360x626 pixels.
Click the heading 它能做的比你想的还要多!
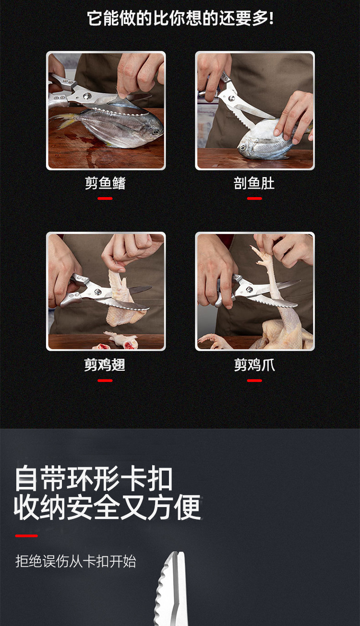pos(180,19)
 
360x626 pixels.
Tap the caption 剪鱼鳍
pos(106,183)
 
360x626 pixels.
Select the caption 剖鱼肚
pos(254,183)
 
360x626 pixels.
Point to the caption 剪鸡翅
pos(105,365)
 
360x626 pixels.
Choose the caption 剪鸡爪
pos(254,365)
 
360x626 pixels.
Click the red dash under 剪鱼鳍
pos(105,199)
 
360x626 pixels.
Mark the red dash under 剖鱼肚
pos(254,199)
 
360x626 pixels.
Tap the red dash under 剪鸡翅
pos(105,380)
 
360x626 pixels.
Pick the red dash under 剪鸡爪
pos(254,380)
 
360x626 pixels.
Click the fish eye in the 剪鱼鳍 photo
pos(155,131)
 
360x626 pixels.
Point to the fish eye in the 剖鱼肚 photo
pos(242,147)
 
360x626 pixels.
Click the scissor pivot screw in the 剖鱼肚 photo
pos(232,98)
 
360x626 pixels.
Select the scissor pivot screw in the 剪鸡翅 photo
pos(98,292)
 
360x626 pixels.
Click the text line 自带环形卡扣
pos(94,478)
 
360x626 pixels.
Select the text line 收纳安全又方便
pos(108,507)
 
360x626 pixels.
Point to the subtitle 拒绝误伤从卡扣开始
pos(76,561)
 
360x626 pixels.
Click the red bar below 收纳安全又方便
pos(26,536)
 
